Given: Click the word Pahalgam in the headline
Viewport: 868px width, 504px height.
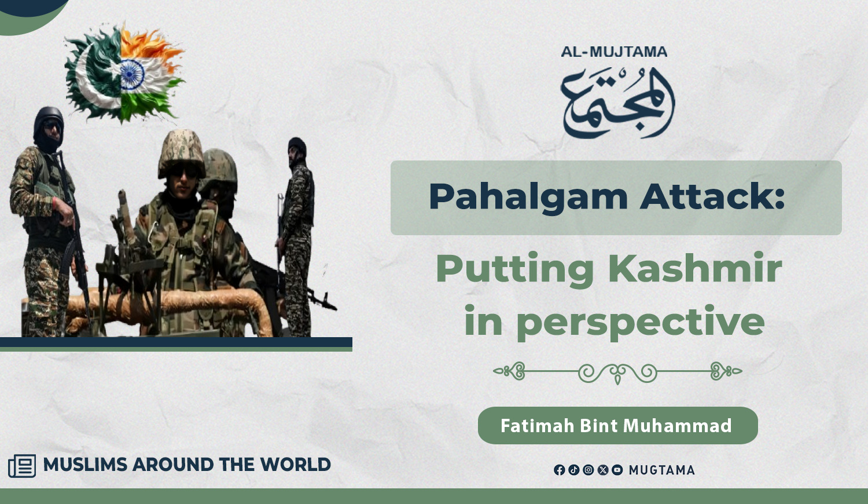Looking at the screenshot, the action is [x=528, y=198].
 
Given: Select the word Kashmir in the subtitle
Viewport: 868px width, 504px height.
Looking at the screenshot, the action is [x=695, y=268].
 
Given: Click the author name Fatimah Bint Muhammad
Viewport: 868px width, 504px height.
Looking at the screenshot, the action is [x=616, y=426].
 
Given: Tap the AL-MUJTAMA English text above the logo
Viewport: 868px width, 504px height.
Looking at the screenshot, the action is [x=614, y=52].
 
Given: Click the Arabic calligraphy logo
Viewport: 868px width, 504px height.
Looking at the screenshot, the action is [x=617, y=103].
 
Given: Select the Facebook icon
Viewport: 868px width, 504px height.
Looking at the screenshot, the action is [x=559, y=470].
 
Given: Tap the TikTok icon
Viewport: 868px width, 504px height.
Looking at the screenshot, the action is [x=574, y=470].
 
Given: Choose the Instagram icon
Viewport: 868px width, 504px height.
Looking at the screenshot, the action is [x=589, y=470].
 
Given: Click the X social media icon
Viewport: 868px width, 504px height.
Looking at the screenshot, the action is [x=603, y=470].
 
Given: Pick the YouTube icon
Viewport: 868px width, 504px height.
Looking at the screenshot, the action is [x=617, y=470].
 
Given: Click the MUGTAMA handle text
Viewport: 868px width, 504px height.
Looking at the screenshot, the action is [x=661, y=470].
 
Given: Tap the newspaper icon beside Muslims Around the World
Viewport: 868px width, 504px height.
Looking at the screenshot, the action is [x=22, y=466].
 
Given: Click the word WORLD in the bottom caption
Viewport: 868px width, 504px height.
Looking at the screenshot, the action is [x=295, y=465].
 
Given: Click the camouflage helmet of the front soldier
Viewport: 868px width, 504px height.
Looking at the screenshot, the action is [x=181, y=153].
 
